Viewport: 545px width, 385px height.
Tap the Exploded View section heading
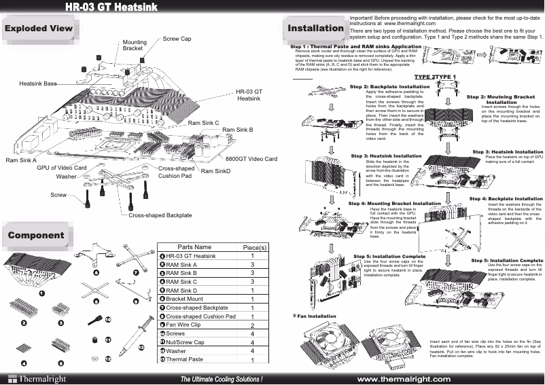pos(38,29)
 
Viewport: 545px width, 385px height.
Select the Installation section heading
pos(315,29)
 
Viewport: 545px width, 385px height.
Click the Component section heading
pos(36,236)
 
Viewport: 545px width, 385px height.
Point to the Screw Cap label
pos(177,39)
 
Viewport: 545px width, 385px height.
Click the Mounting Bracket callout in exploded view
pos(134,45)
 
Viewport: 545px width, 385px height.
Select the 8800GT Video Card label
pos(251,159)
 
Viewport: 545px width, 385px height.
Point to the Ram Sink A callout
pos(20,160)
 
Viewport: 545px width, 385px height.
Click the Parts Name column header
pos(195,246)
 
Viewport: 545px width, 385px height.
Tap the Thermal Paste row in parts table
pos(185,360)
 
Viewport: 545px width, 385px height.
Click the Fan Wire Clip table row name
pos(188,325)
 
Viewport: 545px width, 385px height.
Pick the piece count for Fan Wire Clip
pos(252,326)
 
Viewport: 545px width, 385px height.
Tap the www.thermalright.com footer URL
pos(404,378)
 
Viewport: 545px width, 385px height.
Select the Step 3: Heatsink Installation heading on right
pos(508,151)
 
